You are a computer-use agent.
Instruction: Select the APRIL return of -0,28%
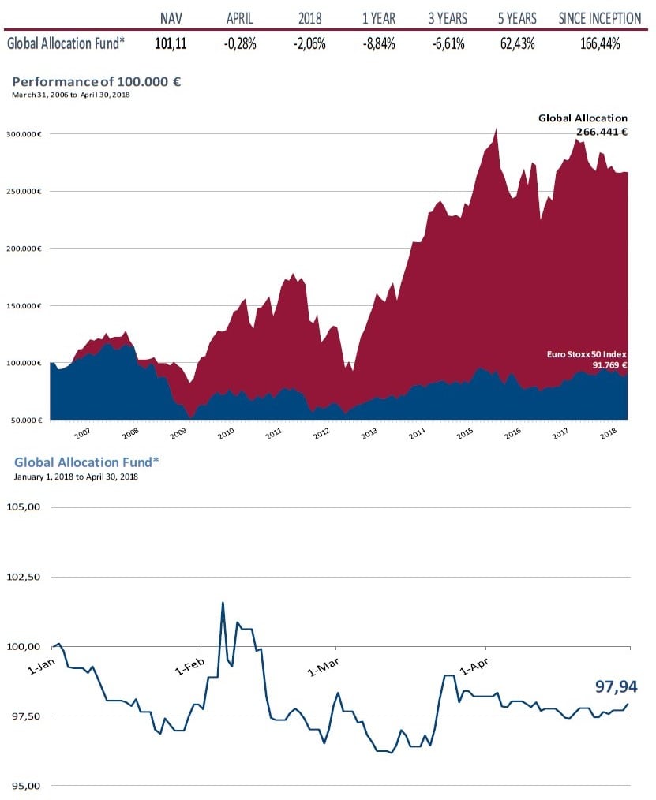(239, 44)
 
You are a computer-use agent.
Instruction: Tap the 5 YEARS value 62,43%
(518, 44)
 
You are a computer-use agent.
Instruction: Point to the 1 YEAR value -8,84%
(379, 44)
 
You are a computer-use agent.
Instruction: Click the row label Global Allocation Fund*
(66, 44)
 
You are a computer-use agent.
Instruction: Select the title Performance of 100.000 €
(97, 81)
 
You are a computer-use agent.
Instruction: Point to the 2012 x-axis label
(322, 433)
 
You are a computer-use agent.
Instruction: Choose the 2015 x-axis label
(466, 433)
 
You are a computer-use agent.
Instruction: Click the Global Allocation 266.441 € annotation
(583, 125)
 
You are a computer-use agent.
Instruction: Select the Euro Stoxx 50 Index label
(587, 354)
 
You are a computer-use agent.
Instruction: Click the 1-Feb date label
(190, 667)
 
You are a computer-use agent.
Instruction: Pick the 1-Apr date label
(474, 667)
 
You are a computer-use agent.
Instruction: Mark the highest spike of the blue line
(223, 603)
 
